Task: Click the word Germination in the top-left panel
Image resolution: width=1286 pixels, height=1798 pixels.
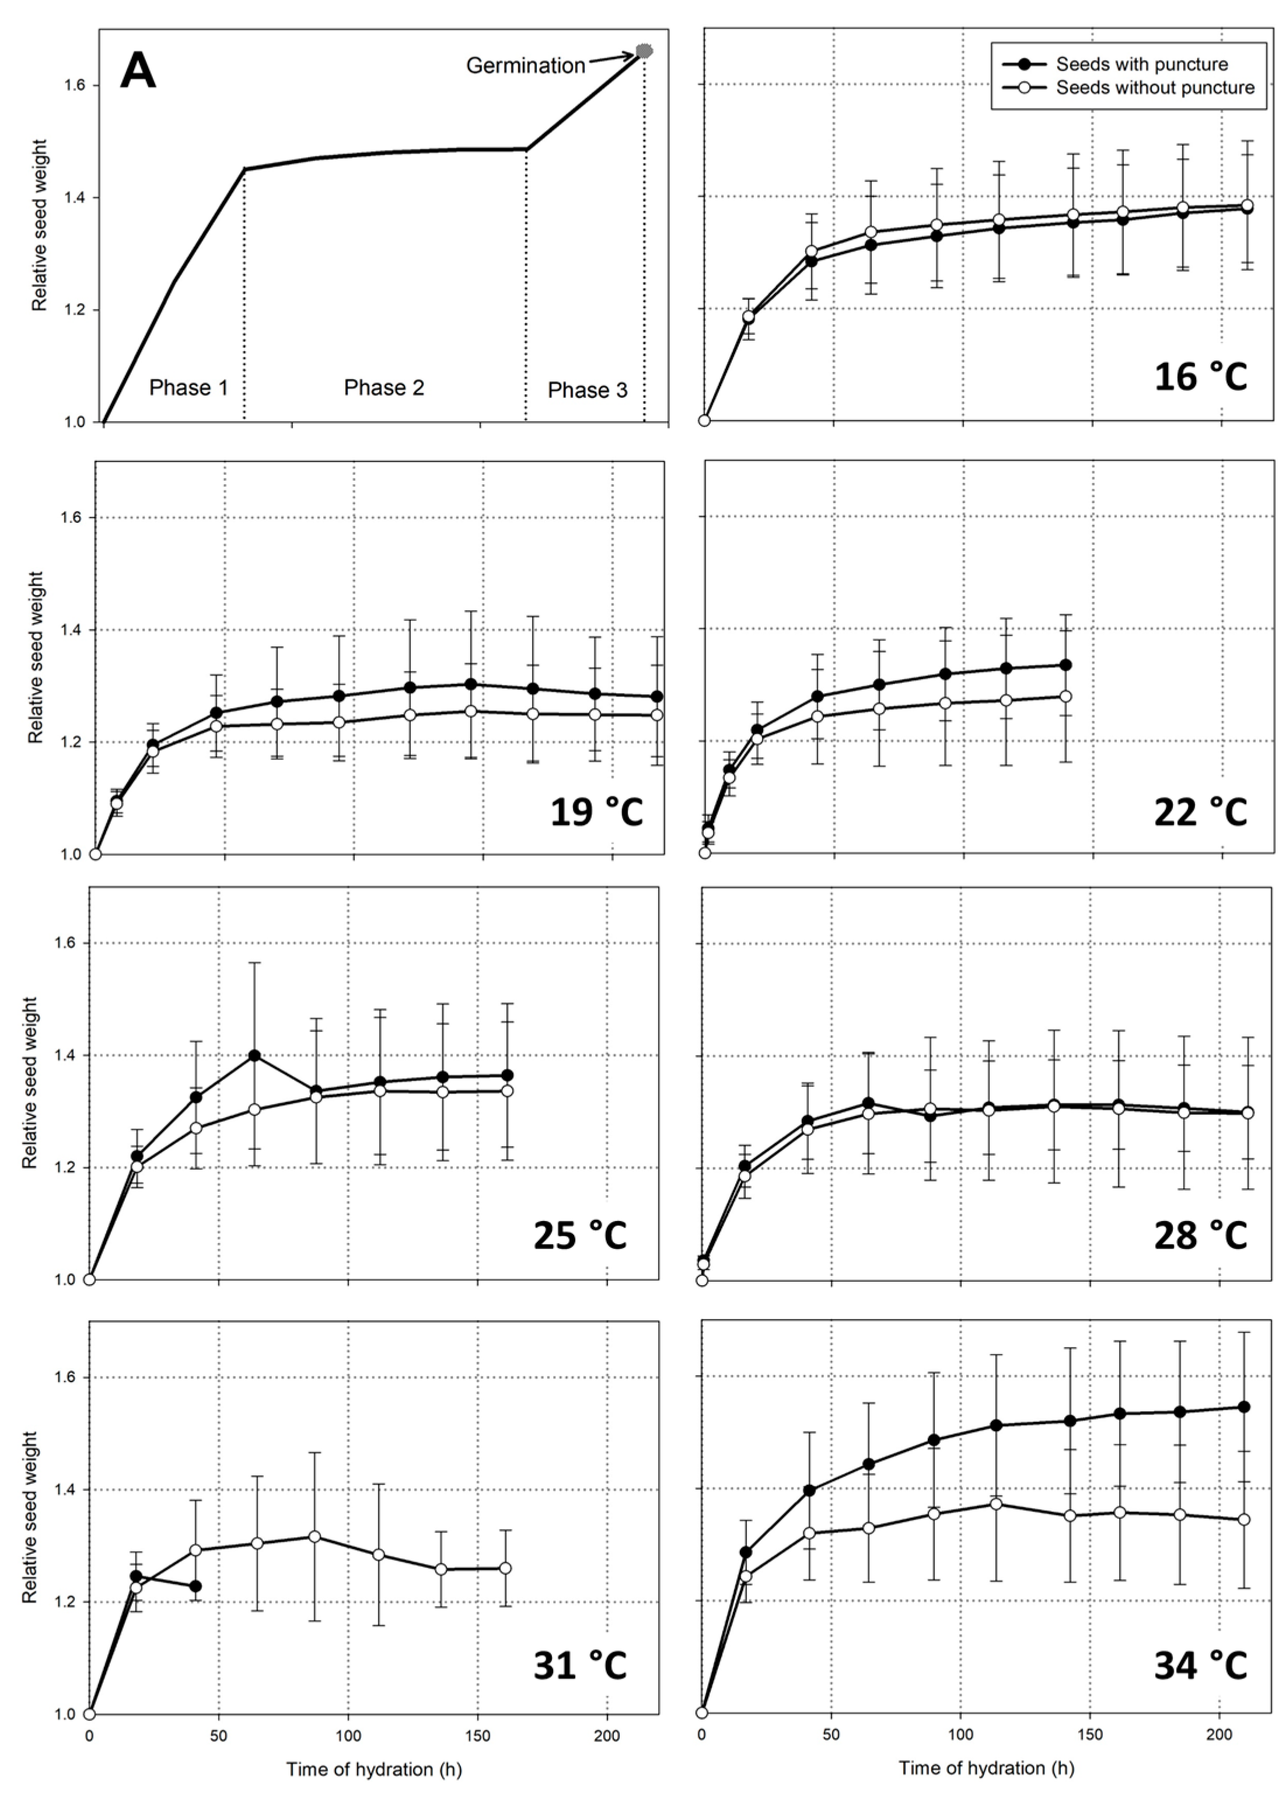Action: point(525,66)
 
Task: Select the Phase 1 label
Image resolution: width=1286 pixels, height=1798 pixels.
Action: point(188,387)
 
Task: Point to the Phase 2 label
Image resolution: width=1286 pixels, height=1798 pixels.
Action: point(384,387)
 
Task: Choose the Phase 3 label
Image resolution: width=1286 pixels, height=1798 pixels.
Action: point(587,390)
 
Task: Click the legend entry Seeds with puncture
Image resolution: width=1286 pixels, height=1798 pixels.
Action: point(1142,64)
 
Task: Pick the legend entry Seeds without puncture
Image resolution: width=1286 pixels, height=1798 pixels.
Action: point(1155,88)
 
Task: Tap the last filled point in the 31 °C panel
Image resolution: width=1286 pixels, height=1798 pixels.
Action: point(195,1586)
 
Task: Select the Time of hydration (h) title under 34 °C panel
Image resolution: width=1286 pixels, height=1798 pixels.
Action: point(986,1768)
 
